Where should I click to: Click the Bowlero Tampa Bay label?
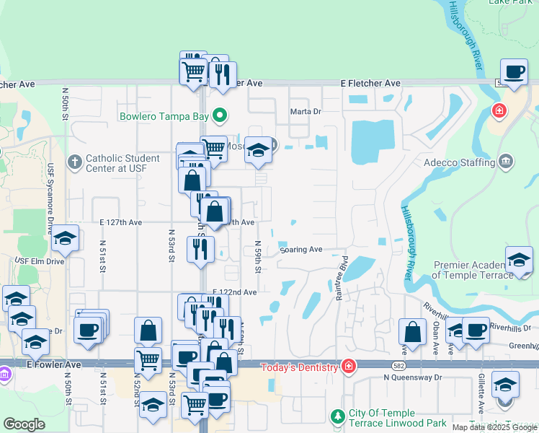click(x=164, y=115)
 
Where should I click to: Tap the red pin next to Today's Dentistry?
click(x=349, y=367)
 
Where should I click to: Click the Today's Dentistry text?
click(x=298, y=367)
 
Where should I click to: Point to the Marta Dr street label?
click(x=305, y=111)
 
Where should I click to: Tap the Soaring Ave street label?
click(x=301, y=250)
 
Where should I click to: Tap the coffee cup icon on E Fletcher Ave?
click(x=514, y=73)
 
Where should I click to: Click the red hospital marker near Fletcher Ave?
click(x=498, y=111)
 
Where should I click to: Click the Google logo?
click(x=24, y=424)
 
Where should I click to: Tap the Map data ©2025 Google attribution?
click(x=494, y=427)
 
